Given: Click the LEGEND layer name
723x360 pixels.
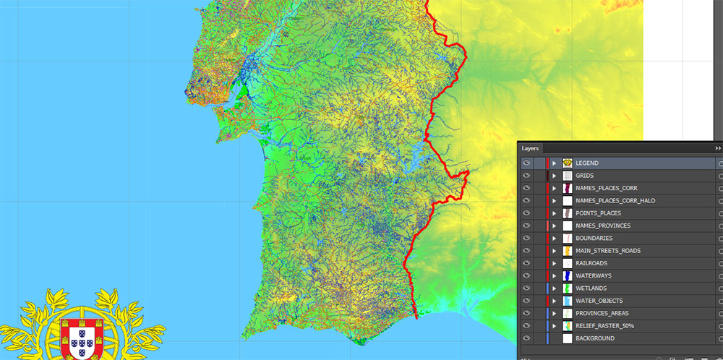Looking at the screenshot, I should pos(587,163).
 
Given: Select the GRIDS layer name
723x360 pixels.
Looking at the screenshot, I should pos(584,176).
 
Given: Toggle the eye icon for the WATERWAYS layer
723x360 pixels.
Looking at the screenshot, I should pos(526,276).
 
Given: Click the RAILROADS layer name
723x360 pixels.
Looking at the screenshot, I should pos(591,263).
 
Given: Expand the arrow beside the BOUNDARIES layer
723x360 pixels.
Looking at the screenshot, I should pos(555,239).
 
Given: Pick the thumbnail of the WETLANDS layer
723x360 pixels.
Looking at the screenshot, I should pos(568,288).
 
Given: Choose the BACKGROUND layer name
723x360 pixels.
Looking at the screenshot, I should pos(595,338).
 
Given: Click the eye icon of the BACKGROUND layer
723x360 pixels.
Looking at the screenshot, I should pos(526,338).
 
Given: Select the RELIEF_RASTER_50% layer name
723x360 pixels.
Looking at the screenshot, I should pos(604,326).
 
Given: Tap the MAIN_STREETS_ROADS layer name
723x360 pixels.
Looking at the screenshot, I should pos(608,251).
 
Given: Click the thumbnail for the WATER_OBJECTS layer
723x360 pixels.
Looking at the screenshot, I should pos(568,301).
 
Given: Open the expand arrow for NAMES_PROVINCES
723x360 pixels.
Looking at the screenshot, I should pos(555,226).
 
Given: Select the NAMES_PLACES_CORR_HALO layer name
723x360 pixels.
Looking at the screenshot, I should pos(615,200).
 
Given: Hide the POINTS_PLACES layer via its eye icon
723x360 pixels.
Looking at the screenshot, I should pos(526,213).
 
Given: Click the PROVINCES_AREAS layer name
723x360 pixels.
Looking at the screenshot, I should pos(602,314).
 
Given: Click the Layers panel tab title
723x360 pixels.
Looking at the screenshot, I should pos(531,148).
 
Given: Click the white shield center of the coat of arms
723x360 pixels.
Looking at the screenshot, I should pos(80,338).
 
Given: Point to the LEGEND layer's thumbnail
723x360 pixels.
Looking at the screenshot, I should pos(568,163).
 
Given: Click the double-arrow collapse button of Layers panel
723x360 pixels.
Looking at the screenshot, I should pos(718,148).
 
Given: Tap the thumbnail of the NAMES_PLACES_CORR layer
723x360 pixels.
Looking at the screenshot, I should pos(568,188).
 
